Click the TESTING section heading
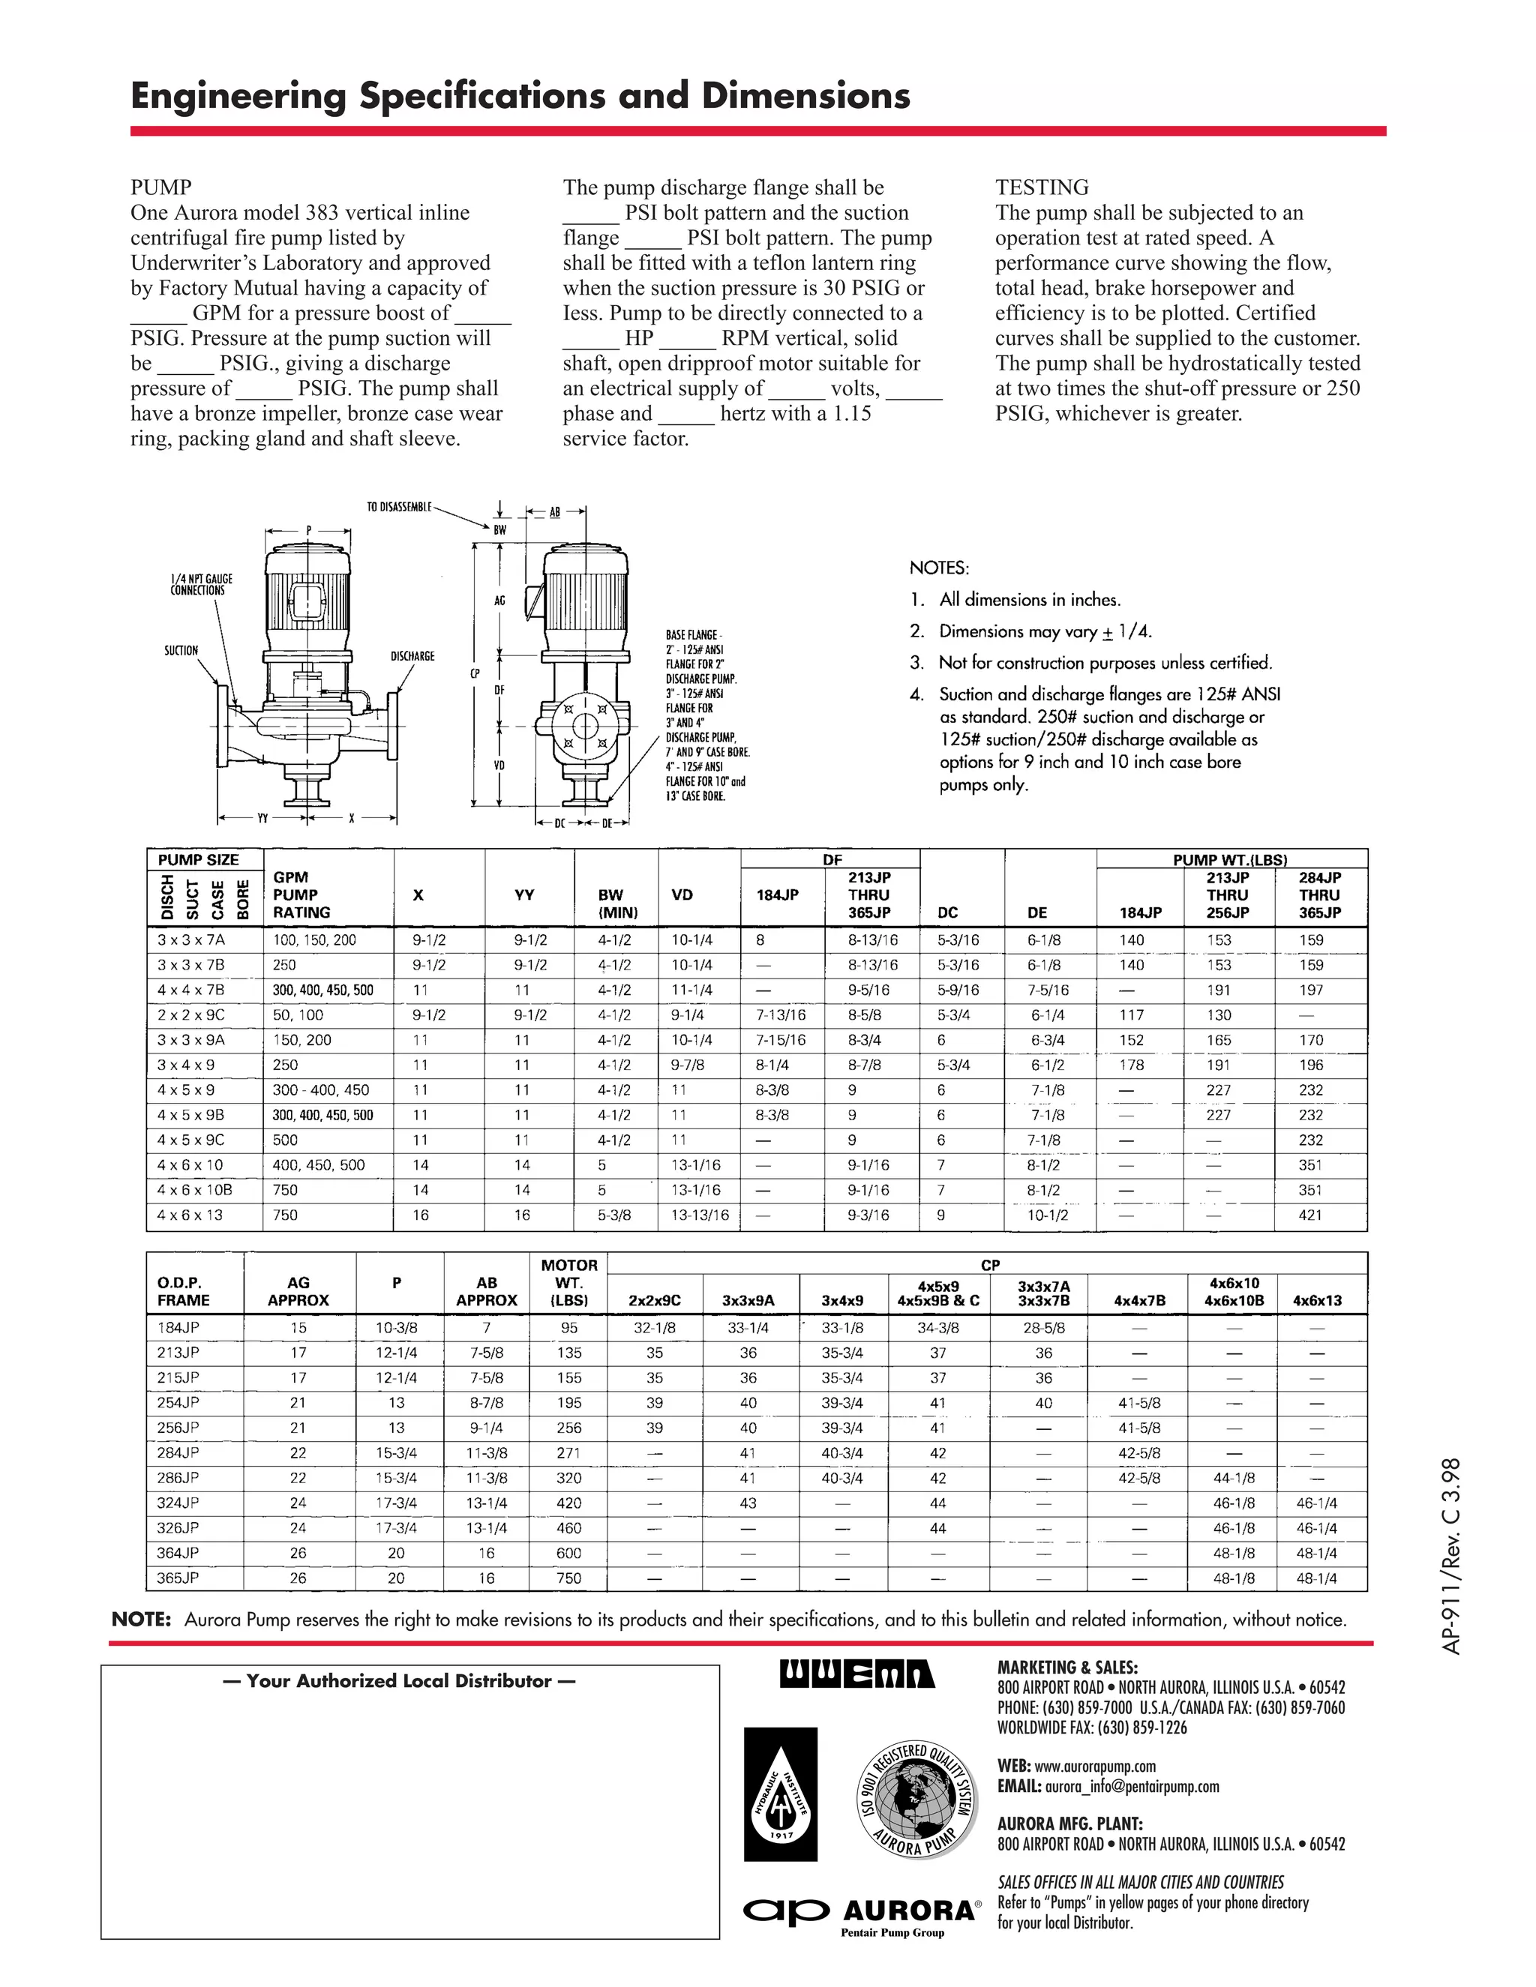click(x=1041, y=187)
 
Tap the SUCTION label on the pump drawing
click(x=180, y=651)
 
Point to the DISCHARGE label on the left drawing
click(x=412, y=656)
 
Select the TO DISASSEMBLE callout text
click(x=398, y=507)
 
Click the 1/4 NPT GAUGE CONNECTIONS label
click(x=201, y=584)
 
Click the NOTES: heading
click(x=939, y=568)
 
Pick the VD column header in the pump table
click(x=682, y=895)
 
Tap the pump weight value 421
click(x=1310, y=1215)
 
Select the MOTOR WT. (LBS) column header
click(x=568, y=1283)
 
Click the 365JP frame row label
click(x=178, y=1578)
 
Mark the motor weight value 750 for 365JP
click(x=568, y=1578)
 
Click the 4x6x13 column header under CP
click(x=1317, y=1300)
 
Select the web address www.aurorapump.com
click(x=1095, y=1766)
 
